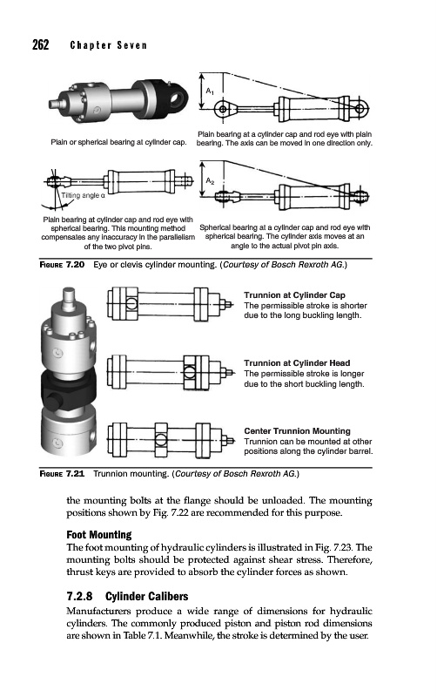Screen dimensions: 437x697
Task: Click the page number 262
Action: pos(40,44)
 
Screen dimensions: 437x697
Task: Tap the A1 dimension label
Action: pos(210,91)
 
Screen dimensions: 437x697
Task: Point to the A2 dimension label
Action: pos(210,181)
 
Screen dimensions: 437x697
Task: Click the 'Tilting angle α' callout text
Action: pos(83,195)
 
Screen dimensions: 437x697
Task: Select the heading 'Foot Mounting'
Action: pos(99,534)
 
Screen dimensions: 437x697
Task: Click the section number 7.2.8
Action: pos(79,596)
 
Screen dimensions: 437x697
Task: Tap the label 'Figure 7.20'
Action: pos(62,265)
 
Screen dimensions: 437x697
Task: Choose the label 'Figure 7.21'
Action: pos(62,474)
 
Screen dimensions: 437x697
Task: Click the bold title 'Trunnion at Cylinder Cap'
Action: pos(294,295)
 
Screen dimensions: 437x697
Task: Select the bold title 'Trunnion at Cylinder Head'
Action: pos(297,363)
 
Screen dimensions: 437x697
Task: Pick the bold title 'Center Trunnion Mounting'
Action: pos(297,431)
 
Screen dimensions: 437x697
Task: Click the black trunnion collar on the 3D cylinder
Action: pos(68,391)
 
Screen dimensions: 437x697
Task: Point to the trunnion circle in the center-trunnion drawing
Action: pos(161,440)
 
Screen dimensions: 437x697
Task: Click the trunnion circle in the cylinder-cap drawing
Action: pos(132,304)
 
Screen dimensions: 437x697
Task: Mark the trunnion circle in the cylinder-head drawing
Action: pos(190,371)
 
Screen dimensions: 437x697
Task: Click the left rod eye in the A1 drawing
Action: pos(223,109)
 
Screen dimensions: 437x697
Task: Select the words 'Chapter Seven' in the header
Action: pos(108,45)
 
